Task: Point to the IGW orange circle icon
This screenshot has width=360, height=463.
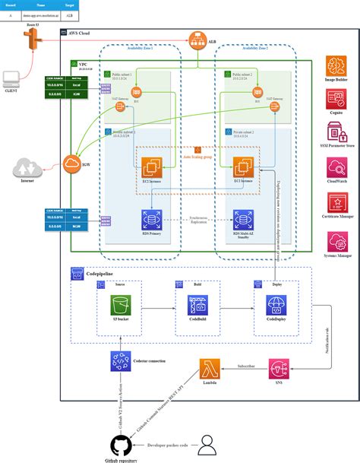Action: tap(74, 163)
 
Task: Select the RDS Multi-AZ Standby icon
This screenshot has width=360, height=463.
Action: tap(244, 220)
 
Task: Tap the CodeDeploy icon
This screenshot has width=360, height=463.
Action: tap(275, 307)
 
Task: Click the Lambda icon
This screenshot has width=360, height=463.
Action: tap(210, 370)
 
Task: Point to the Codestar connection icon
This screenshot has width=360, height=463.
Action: tap(120, 361)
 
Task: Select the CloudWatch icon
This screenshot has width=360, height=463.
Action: tap(336, 170)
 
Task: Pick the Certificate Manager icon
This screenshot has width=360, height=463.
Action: tap(336, 204)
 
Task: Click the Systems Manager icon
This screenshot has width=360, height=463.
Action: tap(336, 242)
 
